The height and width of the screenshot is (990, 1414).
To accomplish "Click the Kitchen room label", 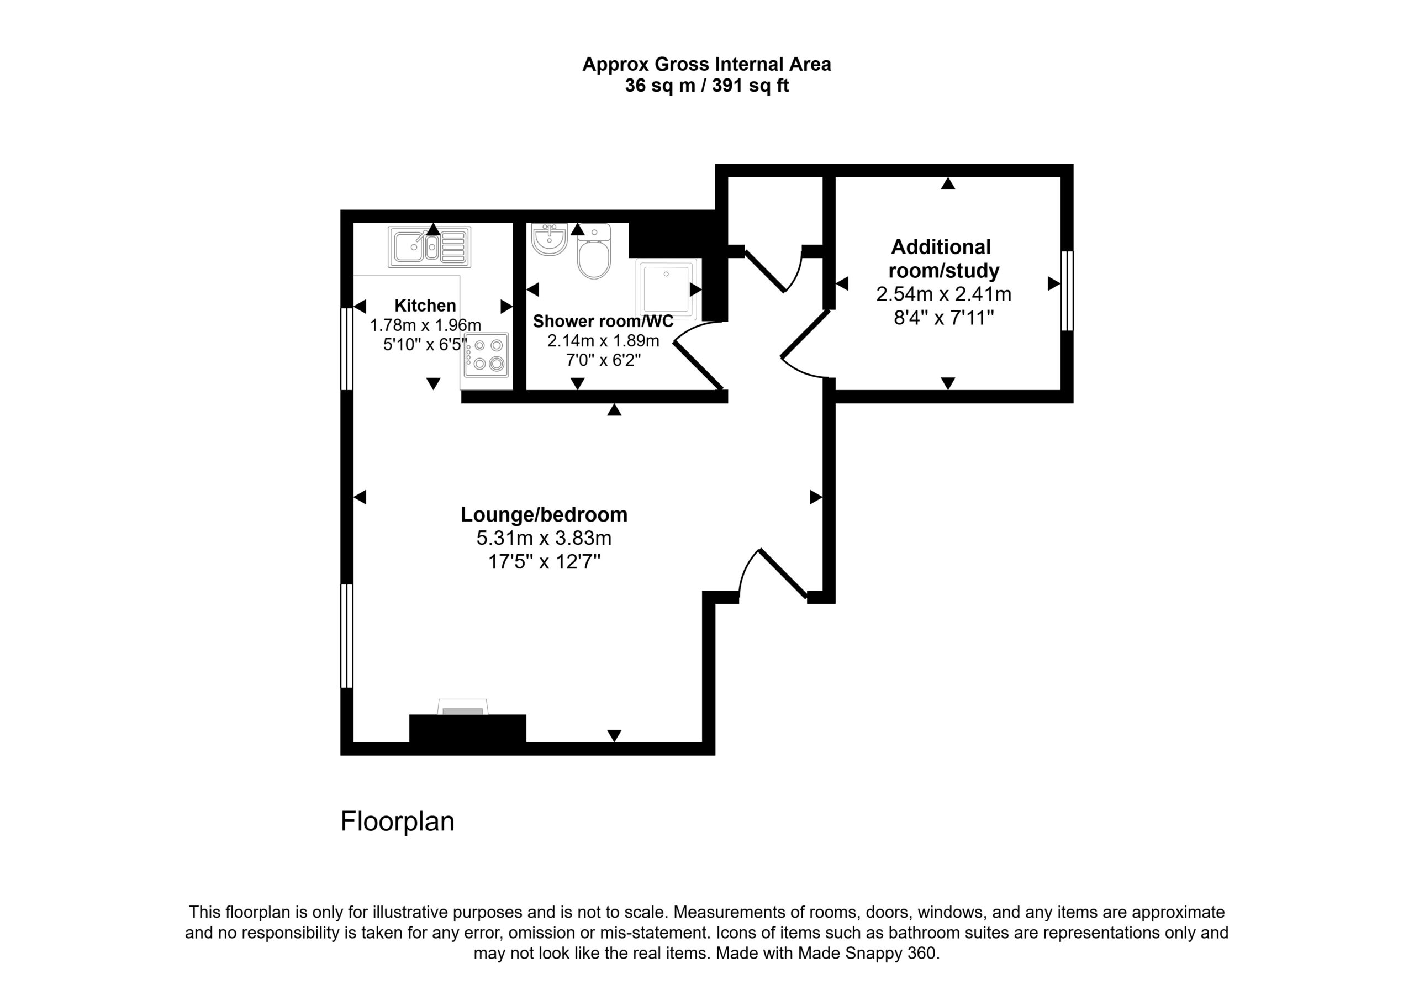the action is coord(425,306).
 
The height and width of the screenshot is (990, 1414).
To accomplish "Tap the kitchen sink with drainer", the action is coord(429,247).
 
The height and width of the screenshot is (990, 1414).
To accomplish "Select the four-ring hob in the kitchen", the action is coord(487,355).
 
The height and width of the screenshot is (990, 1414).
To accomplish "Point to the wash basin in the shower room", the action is coord(548,239).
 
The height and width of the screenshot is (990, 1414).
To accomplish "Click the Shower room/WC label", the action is coord(603,321).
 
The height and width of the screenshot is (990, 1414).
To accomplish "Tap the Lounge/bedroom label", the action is coord(544,514).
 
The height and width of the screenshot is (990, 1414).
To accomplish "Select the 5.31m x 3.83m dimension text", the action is coord(544,539).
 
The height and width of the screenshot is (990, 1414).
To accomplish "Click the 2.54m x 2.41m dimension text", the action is coord(943,294).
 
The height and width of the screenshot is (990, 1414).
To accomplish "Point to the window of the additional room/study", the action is coord(1067,291).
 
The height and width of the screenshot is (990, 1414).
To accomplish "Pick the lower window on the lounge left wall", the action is coord(347,636).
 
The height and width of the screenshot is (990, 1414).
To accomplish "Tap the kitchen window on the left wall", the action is coord(347,349).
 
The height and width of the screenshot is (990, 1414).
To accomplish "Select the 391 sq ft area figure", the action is coord(750,86).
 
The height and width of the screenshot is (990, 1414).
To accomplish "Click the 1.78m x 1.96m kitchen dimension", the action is coord(425,325).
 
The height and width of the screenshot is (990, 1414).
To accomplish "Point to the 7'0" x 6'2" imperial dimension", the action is coord(603,360).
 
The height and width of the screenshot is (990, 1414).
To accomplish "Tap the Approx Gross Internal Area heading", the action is coord(706,64).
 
